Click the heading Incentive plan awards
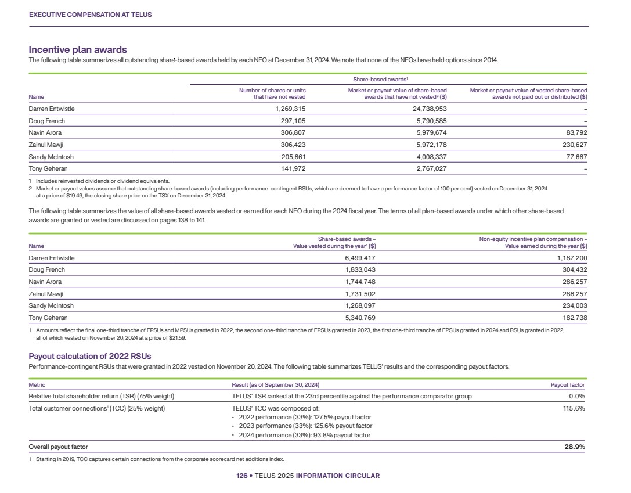click(78, 50)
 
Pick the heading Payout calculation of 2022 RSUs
click(89, 357)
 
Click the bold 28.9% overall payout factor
click(575, 447)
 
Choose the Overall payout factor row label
click(59, 447)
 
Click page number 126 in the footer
click(241, 476)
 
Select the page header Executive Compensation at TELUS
click(90, 15)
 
